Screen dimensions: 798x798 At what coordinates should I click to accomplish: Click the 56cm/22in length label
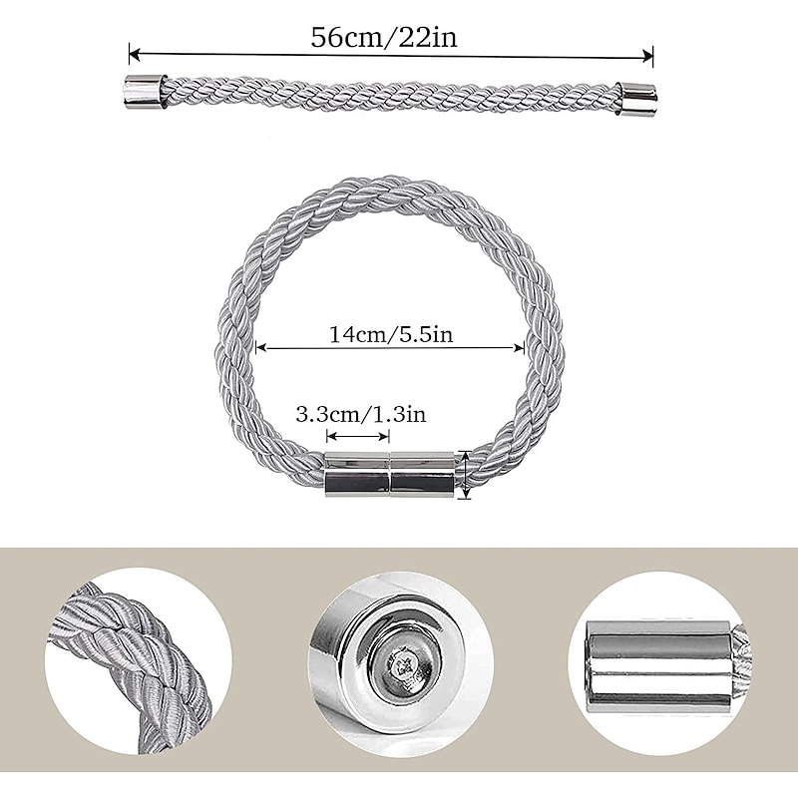pos(384,37)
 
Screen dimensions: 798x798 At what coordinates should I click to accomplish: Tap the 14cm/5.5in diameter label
pos(391,335)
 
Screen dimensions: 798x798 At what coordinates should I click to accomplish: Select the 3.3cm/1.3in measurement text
pos(361,415)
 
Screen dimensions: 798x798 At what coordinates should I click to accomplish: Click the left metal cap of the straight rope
pos(146,92)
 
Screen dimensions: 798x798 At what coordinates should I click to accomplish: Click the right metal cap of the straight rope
pos(636,98)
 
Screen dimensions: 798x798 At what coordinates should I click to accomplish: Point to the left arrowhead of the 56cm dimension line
pos(135,53)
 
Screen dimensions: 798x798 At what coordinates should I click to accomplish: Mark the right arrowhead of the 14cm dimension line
pos(519,348)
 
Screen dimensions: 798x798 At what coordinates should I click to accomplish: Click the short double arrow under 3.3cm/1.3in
pos(358,436)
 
